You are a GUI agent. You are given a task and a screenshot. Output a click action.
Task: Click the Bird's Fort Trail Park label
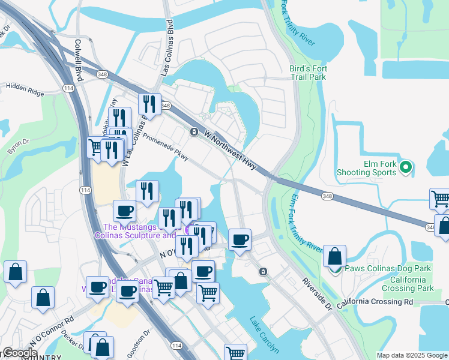tap(307, 73)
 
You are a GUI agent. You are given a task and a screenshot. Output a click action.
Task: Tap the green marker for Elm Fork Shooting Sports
tap(405, 167)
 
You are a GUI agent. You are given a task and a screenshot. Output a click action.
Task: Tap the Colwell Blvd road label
tap(77, 61)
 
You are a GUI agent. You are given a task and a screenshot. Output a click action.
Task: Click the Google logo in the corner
tap(20, 353)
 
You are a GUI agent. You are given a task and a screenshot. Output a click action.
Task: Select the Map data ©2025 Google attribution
tap(412, 355)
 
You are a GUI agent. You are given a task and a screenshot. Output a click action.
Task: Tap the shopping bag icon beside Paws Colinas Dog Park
tap(334, 256)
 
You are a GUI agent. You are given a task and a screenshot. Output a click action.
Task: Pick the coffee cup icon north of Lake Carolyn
tap(240, 240)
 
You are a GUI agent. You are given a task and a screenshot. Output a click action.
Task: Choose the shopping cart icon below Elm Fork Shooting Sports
tap(440, 199)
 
